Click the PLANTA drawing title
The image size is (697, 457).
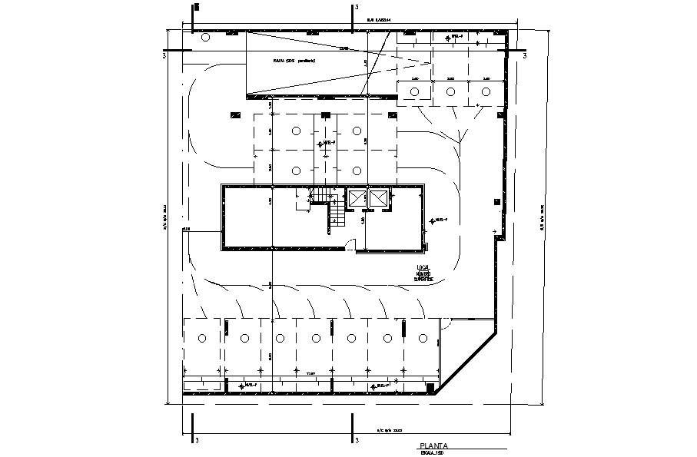pos(434,445)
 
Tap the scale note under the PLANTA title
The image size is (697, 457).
pos(433,453)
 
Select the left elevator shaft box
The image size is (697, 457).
pos(358,198)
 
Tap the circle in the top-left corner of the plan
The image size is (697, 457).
pos(205,37)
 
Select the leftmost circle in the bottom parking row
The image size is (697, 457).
pos(203,338)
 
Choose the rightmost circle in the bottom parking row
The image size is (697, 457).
pos(423,338)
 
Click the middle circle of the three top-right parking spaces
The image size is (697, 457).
pos(450,92)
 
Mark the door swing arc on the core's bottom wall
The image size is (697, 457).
pos(350,245)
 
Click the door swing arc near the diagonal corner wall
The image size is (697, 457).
pos(449,326)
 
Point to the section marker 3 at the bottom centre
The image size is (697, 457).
pos(358,440)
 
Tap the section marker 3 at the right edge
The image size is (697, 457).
pos(525,56)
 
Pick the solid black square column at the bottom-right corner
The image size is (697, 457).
pos(431,387)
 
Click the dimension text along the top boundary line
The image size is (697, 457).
pos(379,20)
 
